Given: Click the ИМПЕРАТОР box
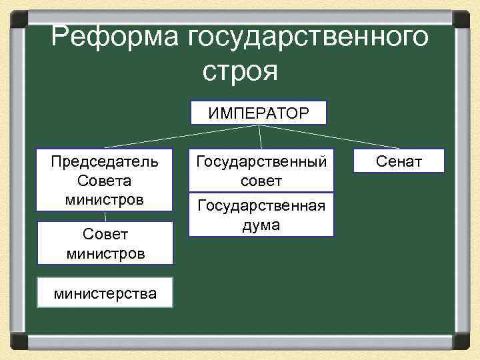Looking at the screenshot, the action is [259, 113].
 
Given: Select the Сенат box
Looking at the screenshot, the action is [399, 161].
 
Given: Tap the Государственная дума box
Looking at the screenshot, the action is [261, 215].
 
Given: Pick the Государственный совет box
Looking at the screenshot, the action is [261, 171].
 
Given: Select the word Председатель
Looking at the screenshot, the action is [105, 161].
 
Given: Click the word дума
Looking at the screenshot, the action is [261, 226].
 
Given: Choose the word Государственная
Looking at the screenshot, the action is [261, 206].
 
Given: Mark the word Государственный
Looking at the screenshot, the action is [261, 161].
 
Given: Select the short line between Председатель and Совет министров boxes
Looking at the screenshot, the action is [105, 216].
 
